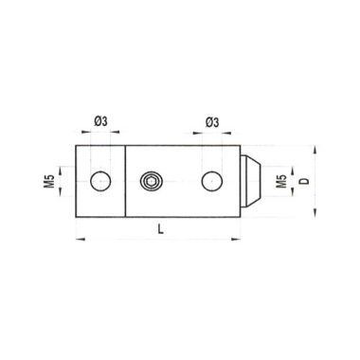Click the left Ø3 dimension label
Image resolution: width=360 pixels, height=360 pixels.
pos(100,121)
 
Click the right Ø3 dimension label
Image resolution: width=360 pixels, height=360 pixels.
pos(212,122)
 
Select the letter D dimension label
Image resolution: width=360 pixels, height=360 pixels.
pos(304,181)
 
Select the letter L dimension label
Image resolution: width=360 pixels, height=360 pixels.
pos(161,230)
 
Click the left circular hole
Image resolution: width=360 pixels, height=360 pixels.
pos(100,181)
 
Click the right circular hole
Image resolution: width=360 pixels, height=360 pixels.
pos(212,182)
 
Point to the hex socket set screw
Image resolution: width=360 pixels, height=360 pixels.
pos(152,182)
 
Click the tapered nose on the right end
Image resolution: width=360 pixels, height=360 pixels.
pos(251,181)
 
